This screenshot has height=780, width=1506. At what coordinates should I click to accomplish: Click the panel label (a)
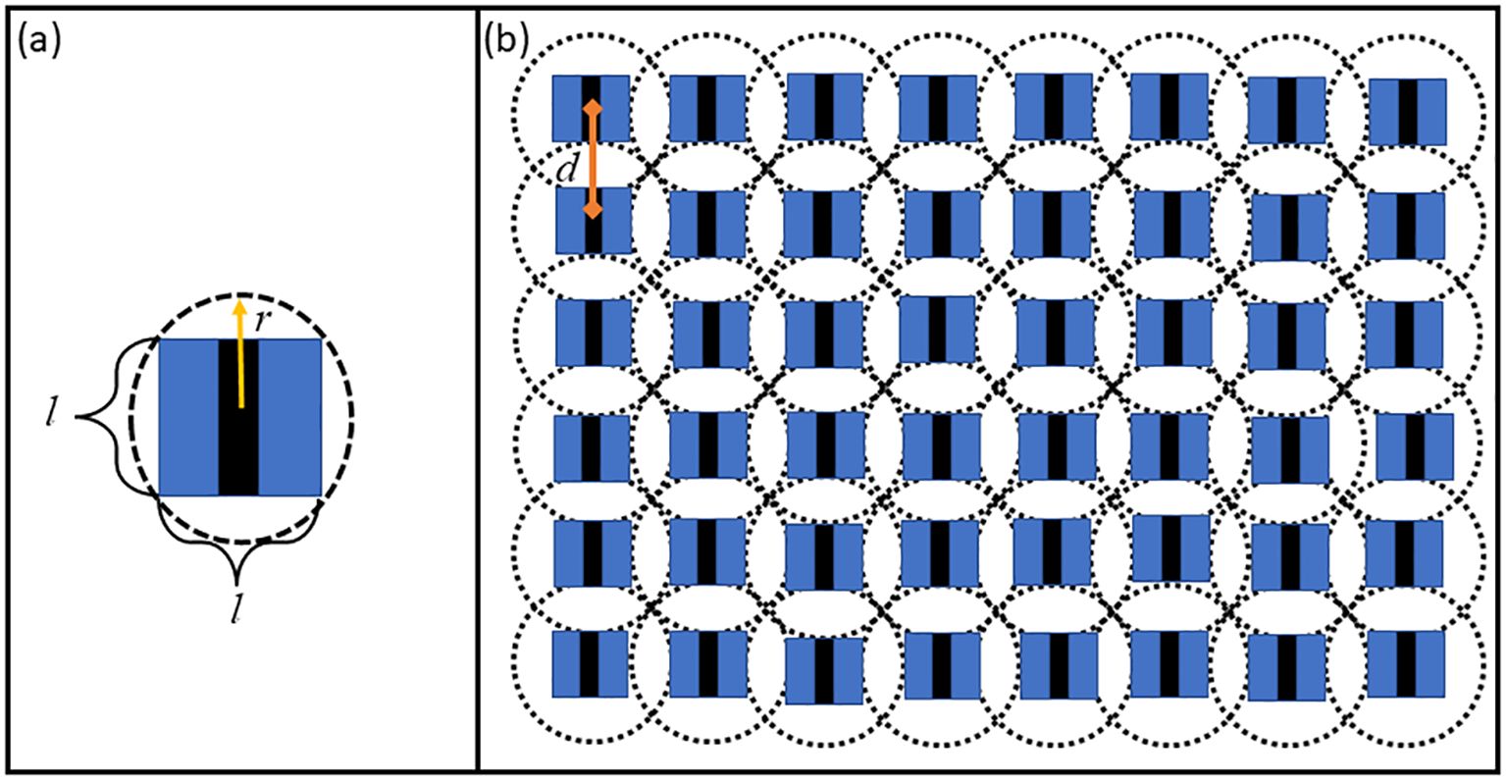click(x=37, y=42)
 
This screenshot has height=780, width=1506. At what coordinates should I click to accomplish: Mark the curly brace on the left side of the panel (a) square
click(x=113, y=418)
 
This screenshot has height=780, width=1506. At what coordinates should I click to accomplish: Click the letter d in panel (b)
click(x=564, y=169)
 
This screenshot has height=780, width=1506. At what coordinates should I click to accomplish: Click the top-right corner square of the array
click(x=1408, y=111)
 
